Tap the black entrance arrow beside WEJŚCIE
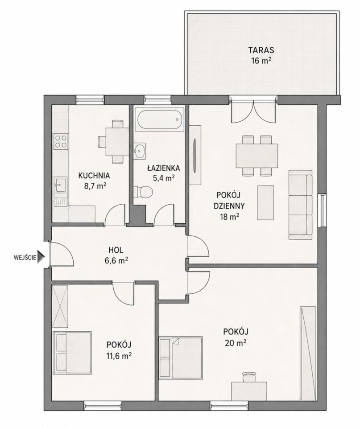pos(41,257)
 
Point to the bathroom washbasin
pos(140,150)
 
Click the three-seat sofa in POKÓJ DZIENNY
pos(301,205)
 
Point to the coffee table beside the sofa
pos(265,202)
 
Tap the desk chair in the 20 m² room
pos(248,377)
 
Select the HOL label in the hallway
pos(116,250)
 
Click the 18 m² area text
pos(230,217)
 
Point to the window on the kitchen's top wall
pos(90,99)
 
